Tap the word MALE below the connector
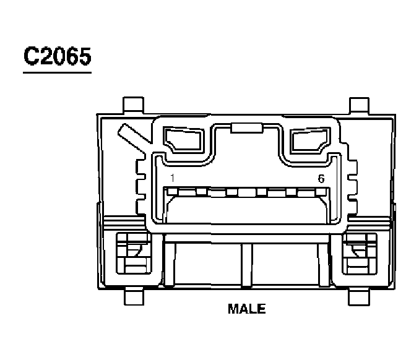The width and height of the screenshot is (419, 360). [x=246, y=308]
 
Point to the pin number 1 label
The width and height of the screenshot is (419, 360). [x=172, y=179]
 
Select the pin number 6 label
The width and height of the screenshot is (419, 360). [x=321, y=179]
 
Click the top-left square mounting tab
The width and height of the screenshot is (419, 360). [x=134, y=105]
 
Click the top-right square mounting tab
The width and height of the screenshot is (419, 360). [x=359, y=105]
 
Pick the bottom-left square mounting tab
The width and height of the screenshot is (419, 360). [x=134, y=297]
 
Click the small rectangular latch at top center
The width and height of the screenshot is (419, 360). [x=246, y=128]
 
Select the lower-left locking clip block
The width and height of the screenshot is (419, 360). [x=131, y=254]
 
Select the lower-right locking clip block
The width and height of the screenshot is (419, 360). [x=362, y=254]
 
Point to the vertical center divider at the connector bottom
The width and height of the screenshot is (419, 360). [x=246, y=265]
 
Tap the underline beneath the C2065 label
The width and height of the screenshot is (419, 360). [x=57, y=72]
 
